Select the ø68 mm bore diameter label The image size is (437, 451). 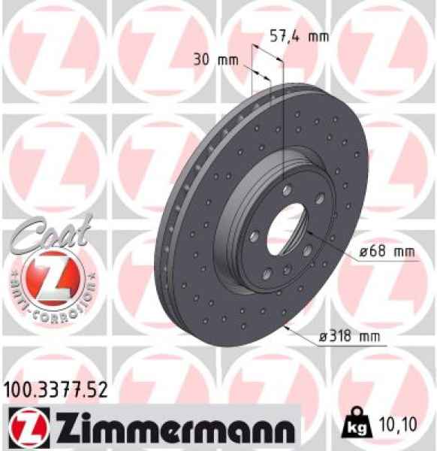pyautogui.click(x=387, y=253)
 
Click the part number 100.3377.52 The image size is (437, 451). pyautogui.click(x=54, y=389)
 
